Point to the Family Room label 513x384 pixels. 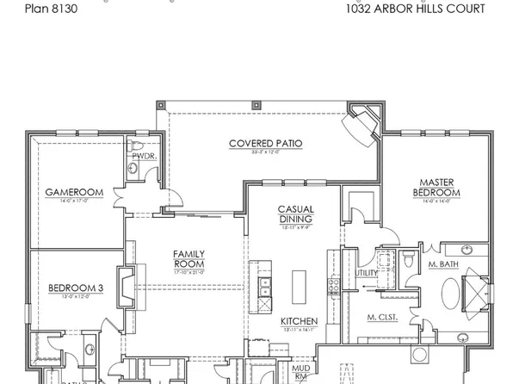point(188,258)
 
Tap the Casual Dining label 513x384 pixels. point(294,214)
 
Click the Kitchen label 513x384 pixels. point(299,322)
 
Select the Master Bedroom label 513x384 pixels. point(436,187)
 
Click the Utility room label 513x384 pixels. point(366,273)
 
